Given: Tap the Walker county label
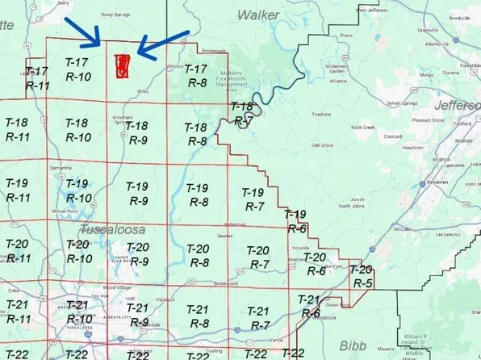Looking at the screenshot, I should point(258,14).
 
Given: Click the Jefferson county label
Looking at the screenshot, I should point(458,106).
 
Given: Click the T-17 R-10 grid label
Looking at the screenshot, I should point(77,69).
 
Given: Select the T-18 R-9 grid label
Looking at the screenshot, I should point(137,132).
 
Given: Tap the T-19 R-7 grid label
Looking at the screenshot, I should point(253,199).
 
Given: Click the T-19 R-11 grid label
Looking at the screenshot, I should point(17,190).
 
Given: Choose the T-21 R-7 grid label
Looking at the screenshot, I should point(258,317).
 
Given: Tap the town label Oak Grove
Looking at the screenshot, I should point(323,145).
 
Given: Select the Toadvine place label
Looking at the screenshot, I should point(321,115).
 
